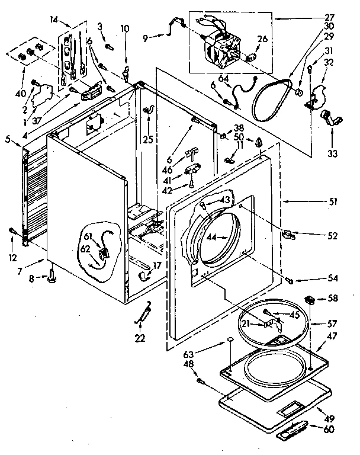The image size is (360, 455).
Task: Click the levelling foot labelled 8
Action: click(x=52, y=273)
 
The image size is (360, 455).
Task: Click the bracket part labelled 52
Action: click(x=288, y=233)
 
